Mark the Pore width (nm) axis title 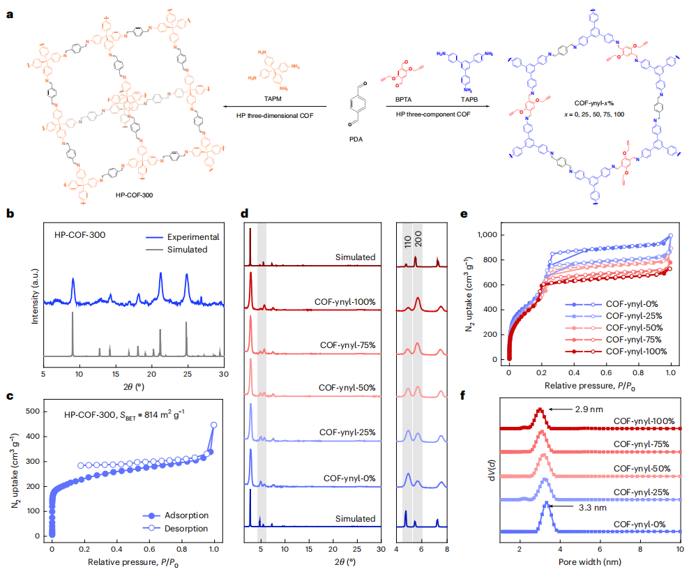[590, 560]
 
